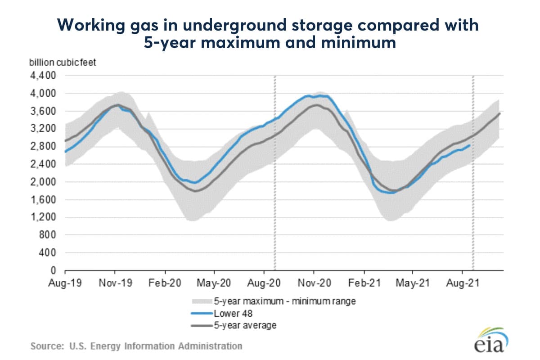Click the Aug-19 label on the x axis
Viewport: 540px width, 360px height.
tap(65, 283)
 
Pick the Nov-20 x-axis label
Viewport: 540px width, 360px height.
tap(314, 283)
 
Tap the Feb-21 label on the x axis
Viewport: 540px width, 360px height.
tap(364, 283)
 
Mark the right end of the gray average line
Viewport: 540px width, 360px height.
tap(500, 113)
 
